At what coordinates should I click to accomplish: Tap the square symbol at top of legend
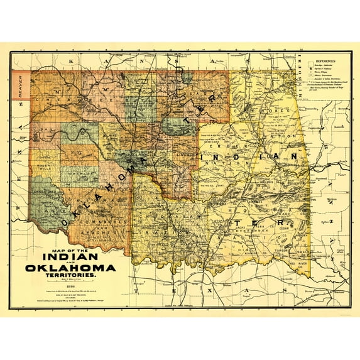pos(306,68)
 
